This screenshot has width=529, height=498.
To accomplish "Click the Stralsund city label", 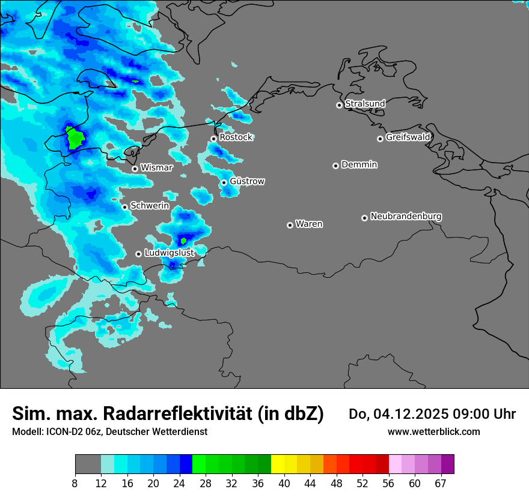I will click(365, 104).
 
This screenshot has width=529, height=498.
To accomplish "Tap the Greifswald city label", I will click(408, 137).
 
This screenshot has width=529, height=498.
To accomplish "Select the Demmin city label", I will click(359, 164).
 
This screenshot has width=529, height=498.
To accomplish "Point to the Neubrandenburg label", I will click(406, 216).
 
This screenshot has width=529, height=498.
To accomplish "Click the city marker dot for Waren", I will click(290, 225).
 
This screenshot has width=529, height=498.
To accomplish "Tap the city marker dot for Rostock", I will click(213, 139).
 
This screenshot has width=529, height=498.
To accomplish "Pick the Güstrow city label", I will click(247, 181).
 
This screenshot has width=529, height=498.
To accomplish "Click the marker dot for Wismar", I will click(135, 169).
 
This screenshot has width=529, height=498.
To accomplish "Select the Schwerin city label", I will click(150, 206).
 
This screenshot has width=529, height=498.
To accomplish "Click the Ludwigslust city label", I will click(169, 253).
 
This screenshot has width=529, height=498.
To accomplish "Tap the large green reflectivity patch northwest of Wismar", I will click(75, 138).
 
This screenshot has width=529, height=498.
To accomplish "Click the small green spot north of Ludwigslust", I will click(183, 241).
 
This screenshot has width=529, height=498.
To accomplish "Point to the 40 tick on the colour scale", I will click(284, 483).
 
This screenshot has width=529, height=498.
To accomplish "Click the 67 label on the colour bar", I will click(441, 483).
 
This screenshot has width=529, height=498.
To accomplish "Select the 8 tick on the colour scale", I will click(75, 483).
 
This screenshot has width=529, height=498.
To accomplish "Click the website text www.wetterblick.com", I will click(433, 432).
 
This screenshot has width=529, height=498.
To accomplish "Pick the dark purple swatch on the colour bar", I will click(447, 464).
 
